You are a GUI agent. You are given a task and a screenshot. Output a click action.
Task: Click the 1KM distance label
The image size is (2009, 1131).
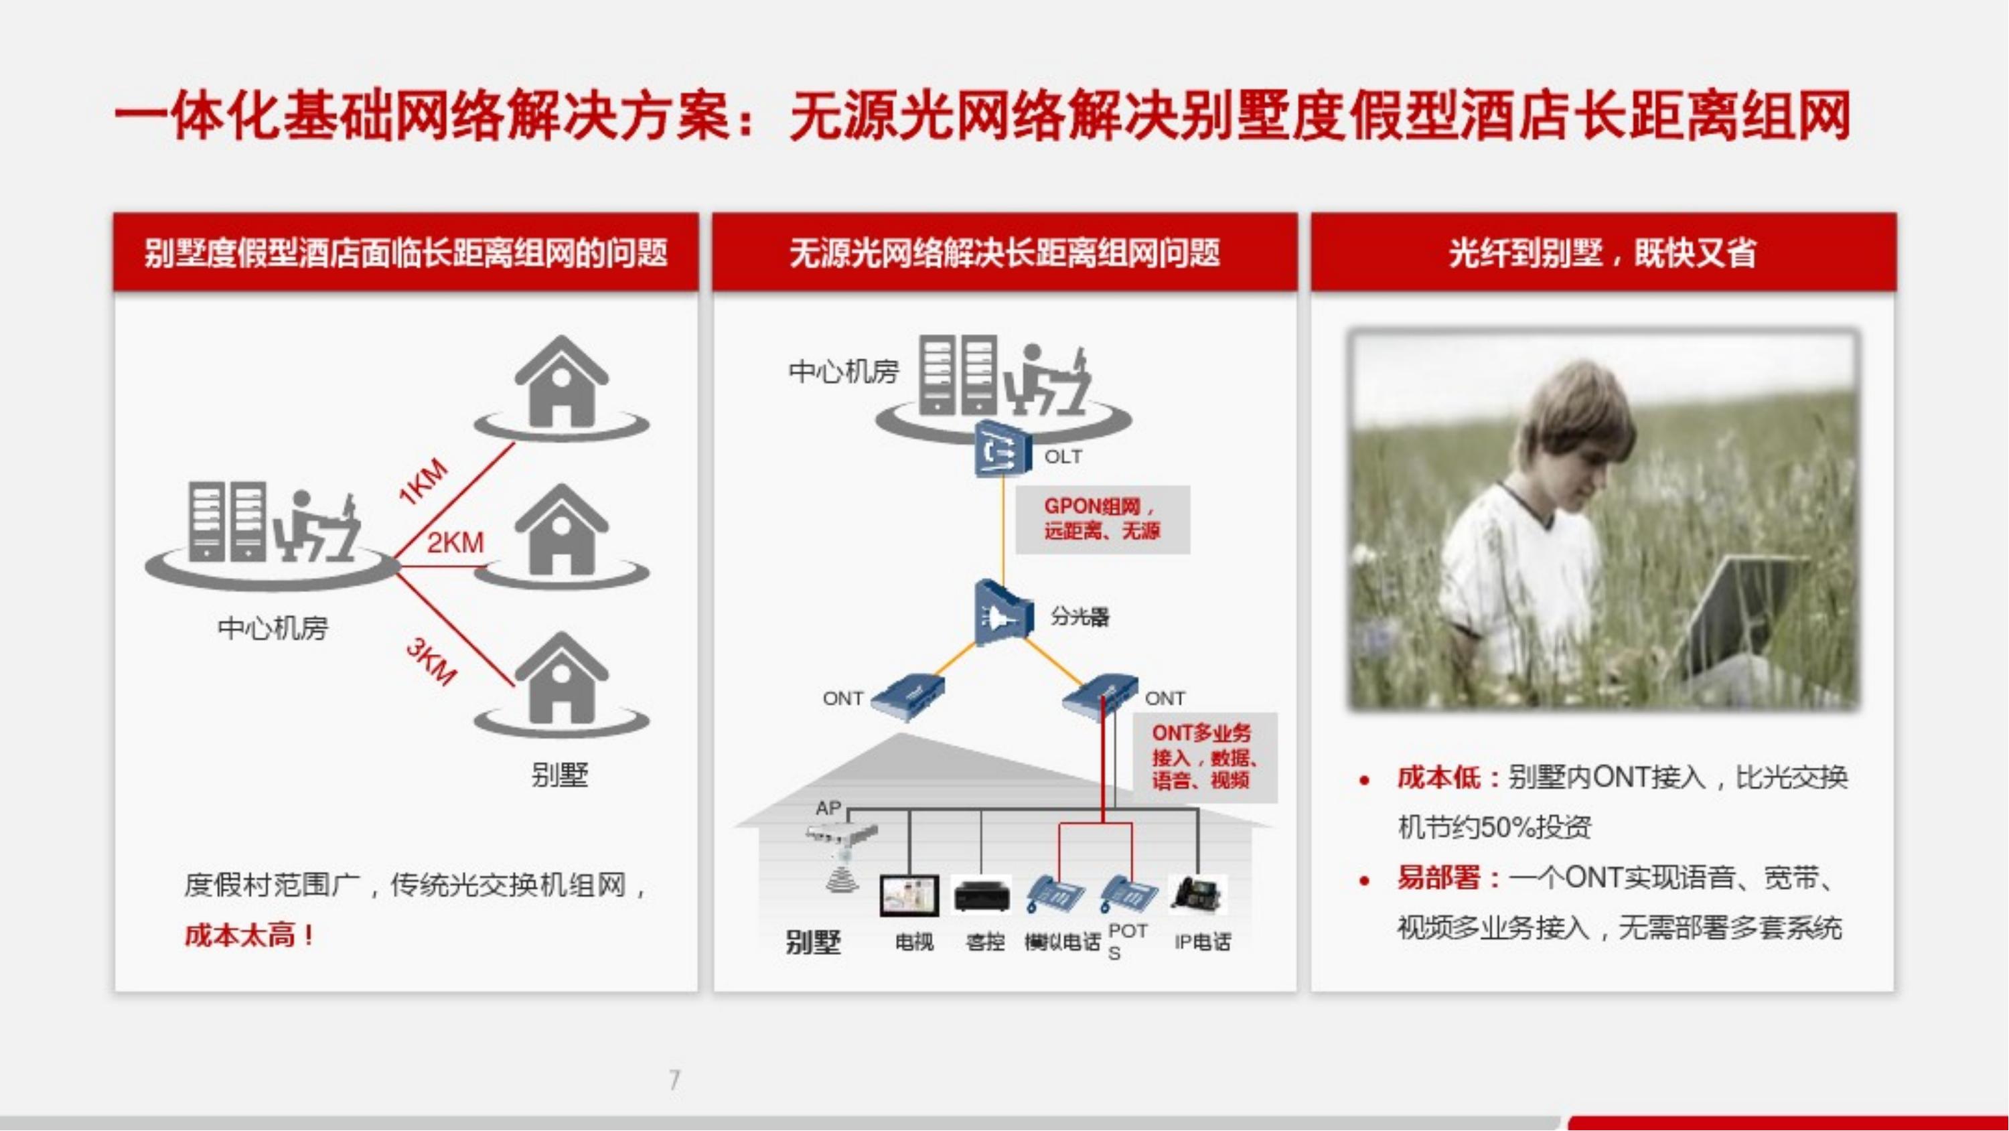coord(423,481)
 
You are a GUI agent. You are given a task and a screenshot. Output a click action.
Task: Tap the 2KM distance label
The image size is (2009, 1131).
coord(455,542)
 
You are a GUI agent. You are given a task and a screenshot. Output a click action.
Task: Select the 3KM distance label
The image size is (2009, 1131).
coord(431,662)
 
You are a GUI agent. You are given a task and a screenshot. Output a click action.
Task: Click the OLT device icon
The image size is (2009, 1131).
coord(1003,449)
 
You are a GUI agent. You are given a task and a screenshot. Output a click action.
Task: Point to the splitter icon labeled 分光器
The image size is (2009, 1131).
coord(1004,612)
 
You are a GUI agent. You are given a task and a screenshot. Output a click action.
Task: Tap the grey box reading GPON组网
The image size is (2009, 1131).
coord(1103,520)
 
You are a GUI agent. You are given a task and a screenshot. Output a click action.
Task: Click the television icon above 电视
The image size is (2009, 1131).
coord(909,895)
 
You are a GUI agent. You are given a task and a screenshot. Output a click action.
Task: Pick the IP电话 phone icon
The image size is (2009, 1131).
coord(1198,894)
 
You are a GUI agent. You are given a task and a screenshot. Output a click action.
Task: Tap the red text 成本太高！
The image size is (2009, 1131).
coord(250,934)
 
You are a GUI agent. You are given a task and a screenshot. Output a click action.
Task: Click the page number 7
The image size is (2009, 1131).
coord(674,1079)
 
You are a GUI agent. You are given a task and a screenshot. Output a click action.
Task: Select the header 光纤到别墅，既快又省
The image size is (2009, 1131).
coord(1603,252)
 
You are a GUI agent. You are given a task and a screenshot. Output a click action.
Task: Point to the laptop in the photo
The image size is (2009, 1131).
coord(1747,616)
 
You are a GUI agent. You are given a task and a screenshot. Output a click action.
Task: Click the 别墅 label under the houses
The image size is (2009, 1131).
coord(559,775)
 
